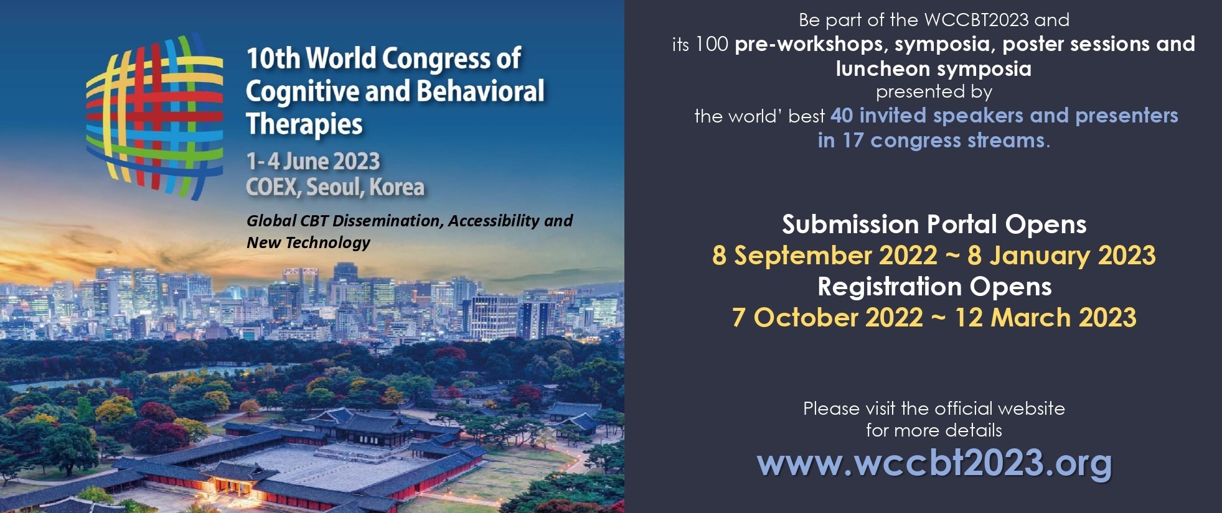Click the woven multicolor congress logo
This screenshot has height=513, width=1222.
tap(154, 116)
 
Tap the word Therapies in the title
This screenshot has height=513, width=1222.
tap(304, 124)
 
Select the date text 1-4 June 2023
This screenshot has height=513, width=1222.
tap(313, 162)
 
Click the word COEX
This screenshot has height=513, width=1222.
tap(272, 187)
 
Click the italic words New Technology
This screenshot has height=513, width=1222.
tap(308, 243)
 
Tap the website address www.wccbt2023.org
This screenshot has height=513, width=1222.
tap(934, 463)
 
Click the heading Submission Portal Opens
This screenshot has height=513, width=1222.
tap(934, 224)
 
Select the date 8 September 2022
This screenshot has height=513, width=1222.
tap(825, 256)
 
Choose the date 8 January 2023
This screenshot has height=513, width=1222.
tap(1061, 256)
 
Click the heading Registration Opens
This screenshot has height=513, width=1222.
tap(934, 287)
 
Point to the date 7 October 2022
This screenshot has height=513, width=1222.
tap(827, 318)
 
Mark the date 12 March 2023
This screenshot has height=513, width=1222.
tap(1046, 318)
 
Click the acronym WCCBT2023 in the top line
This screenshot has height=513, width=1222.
tap(976, 20)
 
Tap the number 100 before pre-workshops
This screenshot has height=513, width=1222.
tap(712, 44)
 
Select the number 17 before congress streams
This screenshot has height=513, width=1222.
tap(853, 141)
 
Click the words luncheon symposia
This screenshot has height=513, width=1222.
tap(934, 68)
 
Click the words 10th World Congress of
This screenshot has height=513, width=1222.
tap(383, 58)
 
